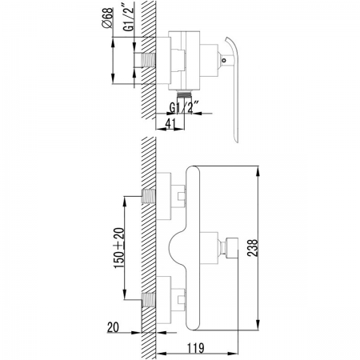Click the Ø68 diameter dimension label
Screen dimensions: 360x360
108,18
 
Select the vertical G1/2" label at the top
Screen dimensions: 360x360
129,17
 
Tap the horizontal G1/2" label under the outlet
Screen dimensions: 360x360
184,107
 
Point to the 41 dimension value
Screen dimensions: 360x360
170,123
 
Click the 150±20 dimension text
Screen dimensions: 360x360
119,248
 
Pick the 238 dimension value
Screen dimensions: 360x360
253,248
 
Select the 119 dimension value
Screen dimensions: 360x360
196,348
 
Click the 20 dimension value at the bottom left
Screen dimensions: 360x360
113,327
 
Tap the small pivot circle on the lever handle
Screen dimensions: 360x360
224,60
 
